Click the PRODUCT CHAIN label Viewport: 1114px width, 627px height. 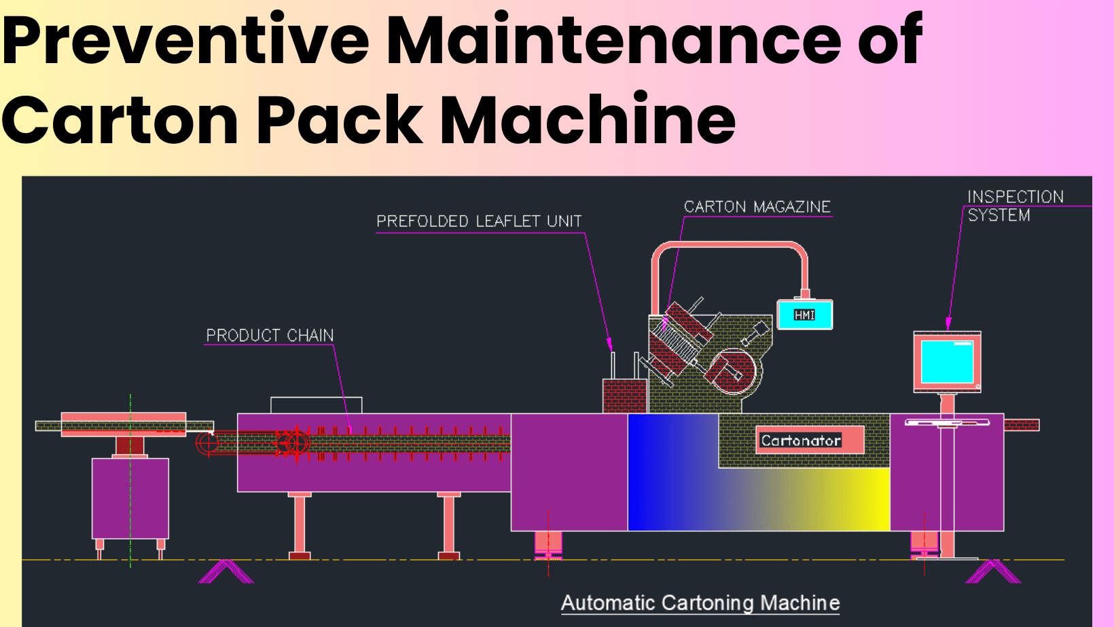tap(270, 335)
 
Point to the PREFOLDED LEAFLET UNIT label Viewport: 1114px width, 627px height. tap(479, 221)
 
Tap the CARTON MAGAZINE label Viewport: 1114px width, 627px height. tap(757, 207)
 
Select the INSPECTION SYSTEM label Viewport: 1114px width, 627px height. tap(1015, 206)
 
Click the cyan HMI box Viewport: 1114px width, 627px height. tap(805, 315)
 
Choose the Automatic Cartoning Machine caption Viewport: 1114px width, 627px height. tap(700, 603)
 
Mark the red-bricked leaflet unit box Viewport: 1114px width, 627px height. tap(624, 396)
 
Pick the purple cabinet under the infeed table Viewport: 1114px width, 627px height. tap(130, 498)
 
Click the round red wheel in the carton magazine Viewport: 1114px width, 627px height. tap(733, 371)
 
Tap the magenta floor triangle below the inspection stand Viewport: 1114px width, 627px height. tap(993, 571)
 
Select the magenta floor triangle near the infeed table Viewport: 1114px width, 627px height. tap(226, 571)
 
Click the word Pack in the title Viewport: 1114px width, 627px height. tap(340, 120)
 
